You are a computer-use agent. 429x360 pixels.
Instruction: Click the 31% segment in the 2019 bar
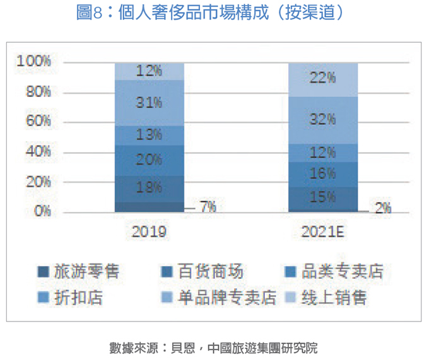(x=150, y=103)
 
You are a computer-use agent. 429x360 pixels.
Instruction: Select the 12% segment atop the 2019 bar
(x=150, y=71)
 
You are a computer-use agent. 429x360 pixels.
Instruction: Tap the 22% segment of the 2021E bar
(x=322, y=78)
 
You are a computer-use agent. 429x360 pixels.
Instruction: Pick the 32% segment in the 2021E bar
(x=322, y=119)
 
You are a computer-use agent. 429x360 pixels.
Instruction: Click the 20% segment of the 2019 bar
(x=150, y=160)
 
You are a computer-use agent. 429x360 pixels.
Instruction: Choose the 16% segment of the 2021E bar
(x=322, y=174)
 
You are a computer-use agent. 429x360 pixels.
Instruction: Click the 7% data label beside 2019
(x=208, y=206)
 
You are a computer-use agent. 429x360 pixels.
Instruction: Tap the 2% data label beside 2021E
(x=382, y=209)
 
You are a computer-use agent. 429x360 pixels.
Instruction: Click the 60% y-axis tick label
(x=38, y=121)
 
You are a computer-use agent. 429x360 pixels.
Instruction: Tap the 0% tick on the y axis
(x=42, y=211)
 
